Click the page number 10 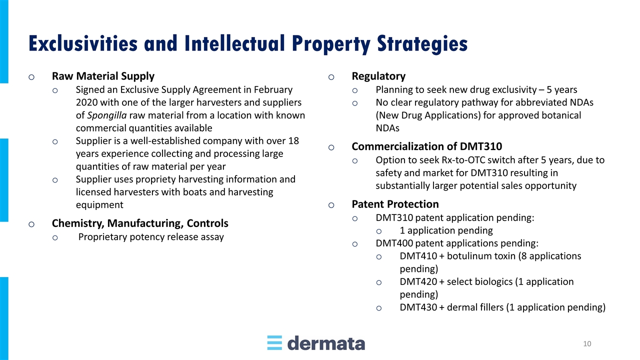[x=587, y=343]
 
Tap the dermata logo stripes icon [x=274, y=342]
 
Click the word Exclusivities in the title [x=83, y=43]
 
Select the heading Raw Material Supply [x=103, y=76]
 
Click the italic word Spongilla [x=107, y=115]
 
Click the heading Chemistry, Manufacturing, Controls [x=140, y=223]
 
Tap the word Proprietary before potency [x=102, y=237]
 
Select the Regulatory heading [x=378, y=76]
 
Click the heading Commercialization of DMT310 [x=427, y=146]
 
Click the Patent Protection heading [x=395, y=204]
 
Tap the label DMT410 [x=418, y=256]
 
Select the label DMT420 [x=418, y=281]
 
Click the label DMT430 [x=418, y=307]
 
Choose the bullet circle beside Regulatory [x=331, y=77]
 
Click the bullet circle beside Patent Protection [x=331, y=205]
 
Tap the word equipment [x=99, y=205]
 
